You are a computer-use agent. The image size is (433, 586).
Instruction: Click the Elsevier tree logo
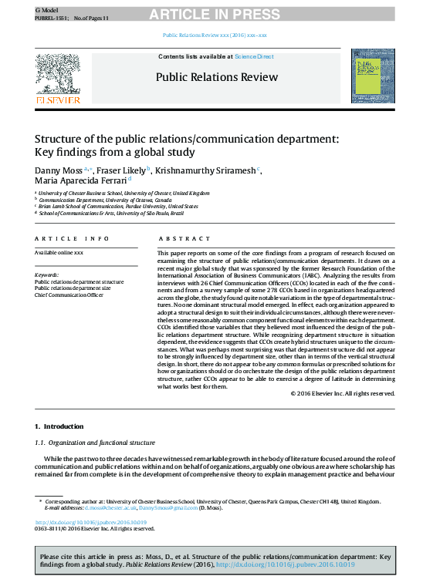[x=57, y=76]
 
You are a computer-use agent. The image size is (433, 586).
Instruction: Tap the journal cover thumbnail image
[x=373, y=76]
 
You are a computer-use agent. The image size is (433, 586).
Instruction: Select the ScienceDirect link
[x=254, y=56]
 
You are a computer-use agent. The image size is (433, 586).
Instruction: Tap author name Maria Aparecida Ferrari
[x=81, y=181]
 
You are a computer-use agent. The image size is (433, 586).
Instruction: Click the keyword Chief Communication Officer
[x=69, y=295]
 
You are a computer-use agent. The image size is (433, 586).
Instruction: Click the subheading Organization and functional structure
[x=100, y=443]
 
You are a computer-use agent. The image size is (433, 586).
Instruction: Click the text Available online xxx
[x=59, y=253]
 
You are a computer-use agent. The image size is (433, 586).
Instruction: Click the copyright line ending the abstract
[x=343, y=393]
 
